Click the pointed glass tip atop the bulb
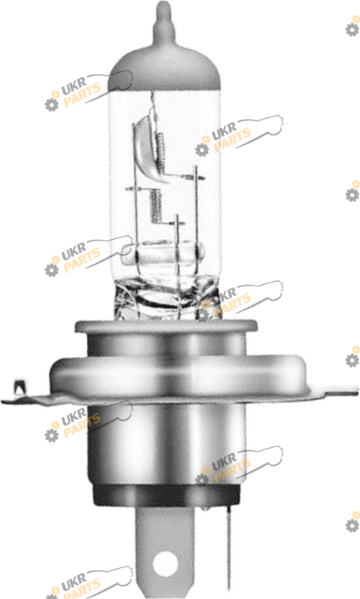tap(165, 18)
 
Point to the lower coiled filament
tap(155, 206)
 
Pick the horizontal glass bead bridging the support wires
tap(162, 253)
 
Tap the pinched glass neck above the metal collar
tap(167, 298)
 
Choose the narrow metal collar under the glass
tap(166, 327)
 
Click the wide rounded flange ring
tap(179, 375)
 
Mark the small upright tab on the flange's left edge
tap(19, 387)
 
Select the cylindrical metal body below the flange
tap(166, 443)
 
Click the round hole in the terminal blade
tap(165, 563)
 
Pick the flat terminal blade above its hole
tap(165, 528)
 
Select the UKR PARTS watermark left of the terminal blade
tap(89, 583)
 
